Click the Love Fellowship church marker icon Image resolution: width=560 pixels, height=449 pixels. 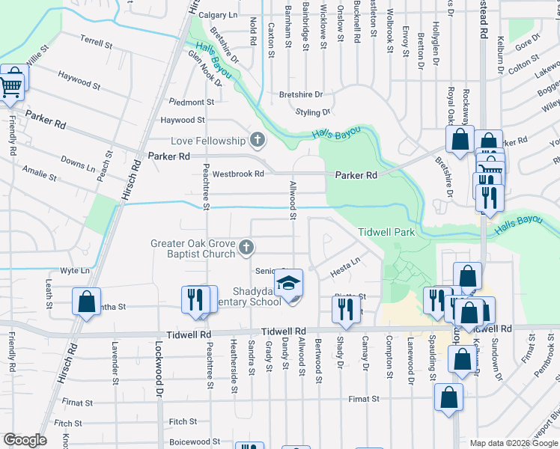coord(257,140)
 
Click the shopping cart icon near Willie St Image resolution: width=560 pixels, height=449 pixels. coord(10,86)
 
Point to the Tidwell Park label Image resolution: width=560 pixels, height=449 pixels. coord(386,233)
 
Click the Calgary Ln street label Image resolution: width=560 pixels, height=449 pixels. coord(218,15)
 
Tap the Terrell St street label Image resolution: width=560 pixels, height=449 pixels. coord(96,43)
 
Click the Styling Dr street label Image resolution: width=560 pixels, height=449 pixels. coord(313,112)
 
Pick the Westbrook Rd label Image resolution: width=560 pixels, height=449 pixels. coord(240,174)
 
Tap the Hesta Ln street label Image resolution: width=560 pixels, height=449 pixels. coord(345,263)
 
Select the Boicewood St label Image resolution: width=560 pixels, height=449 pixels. coord(195,442)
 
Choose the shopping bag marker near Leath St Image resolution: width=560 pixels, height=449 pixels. coord(86,302)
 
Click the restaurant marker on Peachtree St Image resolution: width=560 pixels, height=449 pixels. coord(195,299)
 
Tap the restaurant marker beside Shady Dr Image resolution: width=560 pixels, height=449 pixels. coord(345,308)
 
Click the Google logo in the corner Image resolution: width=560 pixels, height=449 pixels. coord(25,440)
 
